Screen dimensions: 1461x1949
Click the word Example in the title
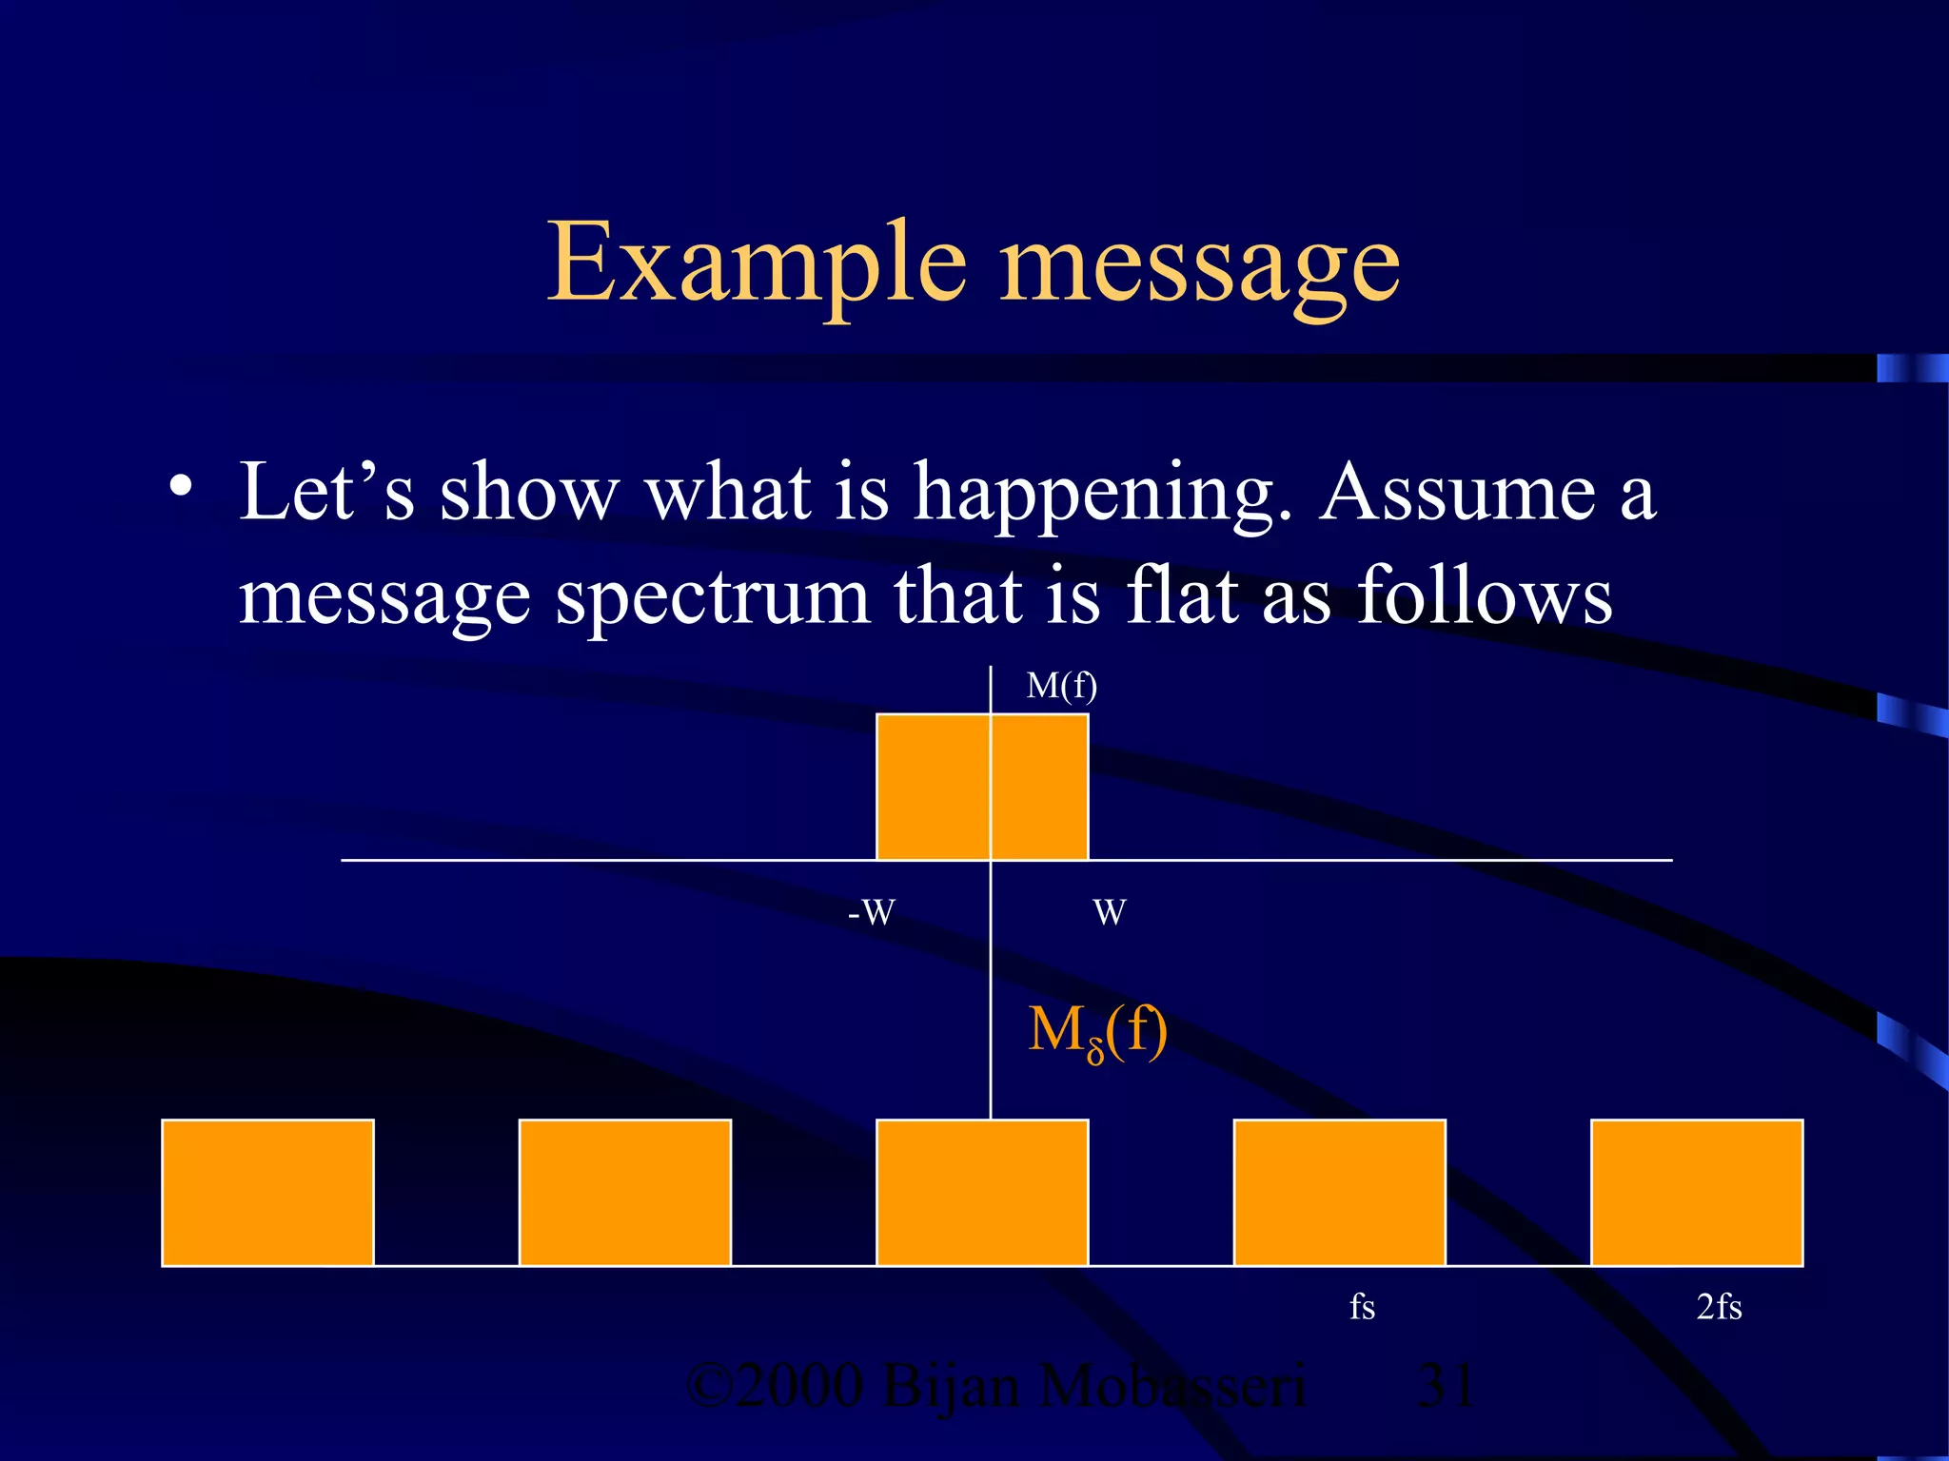757,263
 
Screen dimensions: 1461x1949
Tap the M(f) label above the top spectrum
1061,686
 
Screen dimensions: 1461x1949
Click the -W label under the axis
871,913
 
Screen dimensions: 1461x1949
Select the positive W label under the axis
1110,913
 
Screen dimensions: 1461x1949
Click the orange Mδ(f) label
1097,1031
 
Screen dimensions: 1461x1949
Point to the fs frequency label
1362,1307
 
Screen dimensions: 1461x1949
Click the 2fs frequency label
1719,1307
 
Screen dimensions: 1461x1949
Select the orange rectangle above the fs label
1339,1193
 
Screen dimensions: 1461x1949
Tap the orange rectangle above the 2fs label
1697,1193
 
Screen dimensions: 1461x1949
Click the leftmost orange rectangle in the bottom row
267,1193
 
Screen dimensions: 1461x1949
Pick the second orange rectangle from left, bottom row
625,1193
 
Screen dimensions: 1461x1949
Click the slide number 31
1446,1386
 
